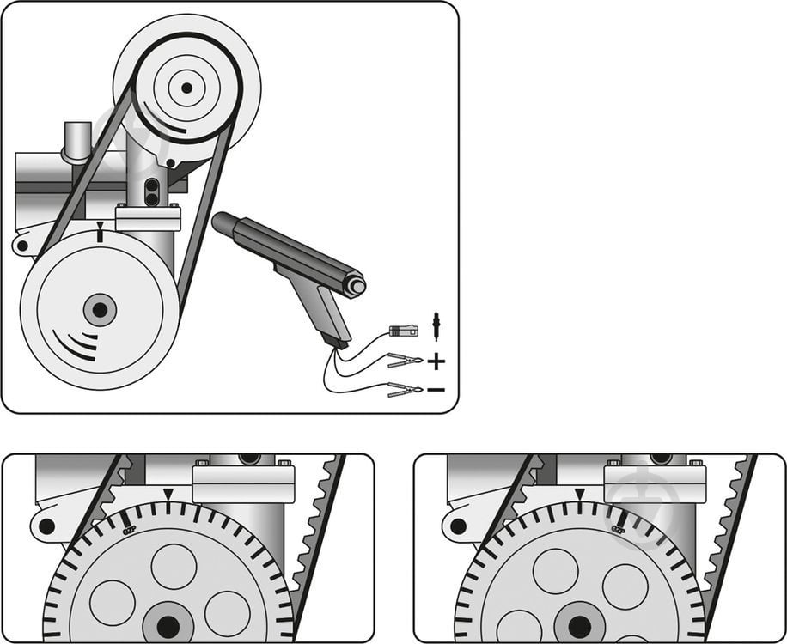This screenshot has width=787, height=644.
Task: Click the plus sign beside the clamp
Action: [x=436, y=361]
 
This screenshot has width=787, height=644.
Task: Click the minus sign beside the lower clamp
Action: [x=436, y=390]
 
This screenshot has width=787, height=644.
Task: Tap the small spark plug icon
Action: [x=436, y=326]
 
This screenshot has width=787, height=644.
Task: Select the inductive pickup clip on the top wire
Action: [x=401, y=330]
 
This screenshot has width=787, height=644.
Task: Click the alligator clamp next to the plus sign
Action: [x=404, y=361]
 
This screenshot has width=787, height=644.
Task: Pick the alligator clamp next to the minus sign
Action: [x=404, y=391]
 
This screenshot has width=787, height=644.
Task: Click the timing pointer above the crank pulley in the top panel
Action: [x=101, y=232]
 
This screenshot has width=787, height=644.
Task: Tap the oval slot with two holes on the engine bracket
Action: [x=152, y=192]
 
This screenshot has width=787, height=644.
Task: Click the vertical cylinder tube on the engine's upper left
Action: [x=76, y=141]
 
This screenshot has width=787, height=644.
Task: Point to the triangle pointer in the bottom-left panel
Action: [x=168, y=493]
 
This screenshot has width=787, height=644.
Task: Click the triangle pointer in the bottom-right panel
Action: [x=580, y=494]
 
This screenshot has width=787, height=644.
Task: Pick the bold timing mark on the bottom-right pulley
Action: [x=615, y=519]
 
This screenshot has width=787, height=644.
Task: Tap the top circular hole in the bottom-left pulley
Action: [x=174, y=566]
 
